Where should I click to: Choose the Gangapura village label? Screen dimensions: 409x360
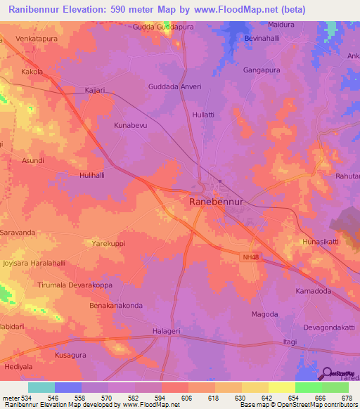pyautogui.click(x=262, y=71)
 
